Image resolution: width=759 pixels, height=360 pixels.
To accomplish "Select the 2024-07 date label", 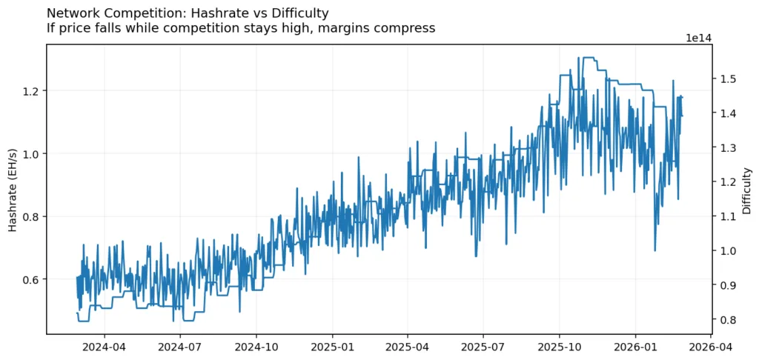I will [180, 345].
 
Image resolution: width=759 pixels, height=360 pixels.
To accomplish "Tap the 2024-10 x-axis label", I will [256, 345].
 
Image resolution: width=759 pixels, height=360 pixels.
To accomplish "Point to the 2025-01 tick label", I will [333, 345].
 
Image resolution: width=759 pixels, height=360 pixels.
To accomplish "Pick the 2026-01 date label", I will [636, 345].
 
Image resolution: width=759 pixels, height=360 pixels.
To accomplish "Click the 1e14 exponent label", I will [699, 37].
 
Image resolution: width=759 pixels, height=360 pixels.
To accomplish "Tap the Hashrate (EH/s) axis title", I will [13, 188].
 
